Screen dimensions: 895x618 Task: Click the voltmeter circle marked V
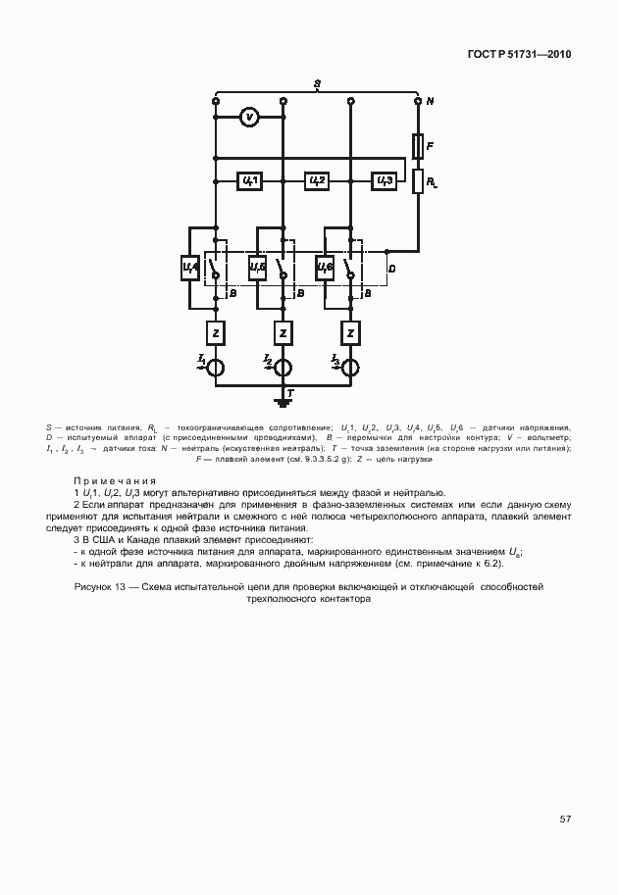point(249,118)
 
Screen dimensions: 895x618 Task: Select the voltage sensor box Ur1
point(249,181)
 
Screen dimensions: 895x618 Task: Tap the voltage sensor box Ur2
point(316,181)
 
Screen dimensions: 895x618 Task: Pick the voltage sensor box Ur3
point(384,181)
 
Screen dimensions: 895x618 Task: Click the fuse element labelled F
point(418,146)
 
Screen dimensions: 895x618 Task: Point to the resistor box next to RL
point(418,181)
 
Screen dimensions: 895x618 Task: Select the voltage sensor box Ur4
point(190,267)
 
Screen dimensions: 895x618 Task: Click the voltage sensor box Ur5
point(257,267)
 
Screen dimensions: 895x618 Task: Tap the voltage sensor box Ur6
point(326,267)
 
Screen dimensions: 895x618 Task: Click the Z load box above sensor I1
point(215,333)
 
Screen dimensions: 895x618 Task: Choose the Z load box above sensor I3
point(350,333)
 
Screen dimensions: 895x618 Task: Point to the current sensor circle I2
point(283,368)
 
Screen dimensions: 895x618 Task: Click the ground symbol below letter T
point(283,402)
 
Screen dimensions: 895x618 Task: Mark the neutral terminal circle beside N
point(418,100)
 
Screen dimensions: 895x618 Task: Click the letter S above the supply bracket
point(316,83)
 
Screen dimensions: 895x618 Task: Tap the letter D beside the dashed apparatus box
point(391,268)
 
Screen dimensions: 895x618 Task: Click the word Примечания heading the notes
point(115,480)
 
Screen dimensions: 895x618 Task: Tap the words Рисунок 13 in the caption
point(103,586)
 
